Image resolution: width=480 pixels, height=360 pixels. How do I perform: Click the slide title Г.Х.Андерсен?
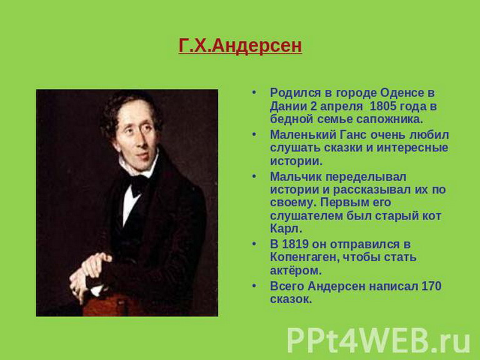pyautogui.click(x=240, y=46)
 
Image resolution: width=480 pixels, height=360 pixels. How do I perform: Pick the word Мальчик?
pyautogui.click(x=296, y=177)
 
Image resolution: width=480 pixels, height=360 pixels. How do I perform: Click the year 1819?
pyautogui.click(x=295, y=244)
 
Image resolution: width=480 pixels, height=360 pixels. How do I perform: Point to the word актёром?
pyautogui.click(x=296, y=270)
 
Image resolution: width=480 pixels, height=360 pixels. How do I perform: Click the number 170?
pyautogui.click(x=431, y=286)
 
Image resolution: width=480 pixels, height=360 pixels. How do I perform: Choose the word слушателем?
pyautogui.click(x=306, y=216)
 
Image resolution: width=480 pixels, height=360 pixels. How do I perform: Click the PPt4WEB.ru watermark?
pyautogui.click(x=378, y=341)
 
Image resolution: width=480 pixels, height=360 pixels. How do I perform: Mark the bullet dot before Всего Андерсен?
pyautogui.click(x=254, y=286)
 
